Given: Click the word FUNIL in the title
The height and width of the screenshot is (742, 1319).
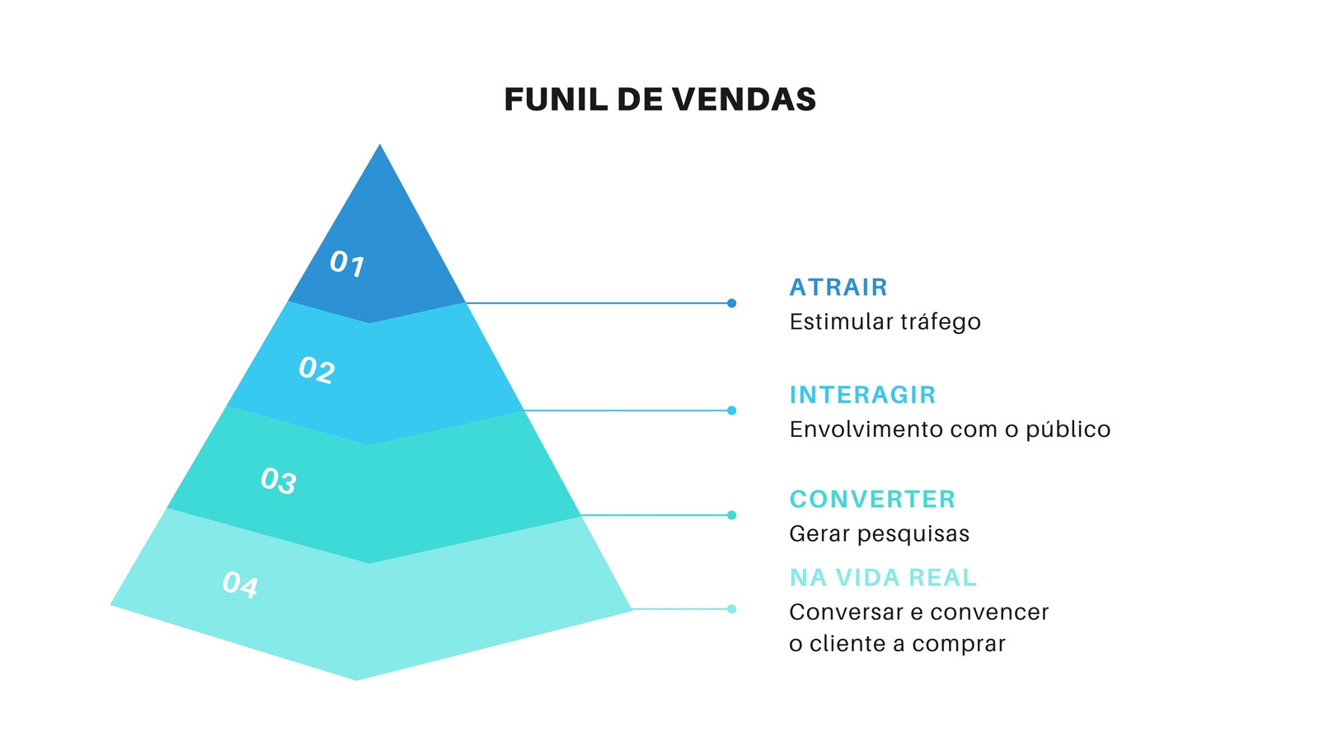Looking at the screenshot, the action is [x=556, y=99].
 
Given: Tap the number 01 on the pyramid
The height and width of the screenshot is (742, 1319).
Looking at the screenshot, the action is [x=347, y=263].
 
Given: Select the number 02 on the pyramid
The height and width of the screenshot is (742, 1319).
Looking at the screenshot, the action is [x=317, y=370].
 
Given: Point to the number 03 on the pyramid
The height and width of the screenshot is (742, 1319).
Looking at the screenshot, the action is [x=279, y=480].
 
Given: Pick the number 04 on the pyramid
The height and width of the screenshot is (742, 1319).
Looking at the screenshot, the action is [x=240, y=585].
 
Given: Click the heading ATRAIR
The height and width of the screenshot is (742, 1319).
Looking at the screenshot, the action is [x=838, y=288].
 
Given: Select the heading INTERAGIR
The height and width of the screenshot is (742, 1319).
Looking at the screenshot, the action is [x=862, y=395].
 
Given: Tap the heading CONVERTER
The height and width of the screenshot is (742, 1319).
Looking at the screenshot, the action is [x=872, y=500].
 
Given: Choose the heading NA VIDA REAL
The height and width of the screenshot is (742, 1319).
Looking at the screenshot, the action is [x=883, y=578].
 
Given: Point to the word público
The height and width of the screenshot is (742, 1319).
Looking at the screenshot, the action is [x=1068, y=430].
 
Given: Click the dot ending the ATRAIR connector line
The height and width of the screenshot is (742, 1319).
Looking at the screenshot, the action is [x=731, y=303].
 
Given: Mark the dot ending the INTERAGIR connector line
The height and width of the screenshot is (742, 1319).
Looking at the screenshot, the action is [x=731, y=411].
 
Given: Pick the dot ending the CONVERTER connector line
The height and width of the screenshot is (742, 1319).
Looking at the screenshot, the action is [x=731, y=515].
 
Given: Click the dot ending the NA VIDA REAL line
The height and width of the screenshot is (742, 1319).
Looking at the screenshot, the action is [x=731, y=609].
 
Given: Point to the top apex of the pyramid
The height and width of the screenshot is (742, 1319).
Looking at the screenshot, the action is [x=380, y=145].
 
